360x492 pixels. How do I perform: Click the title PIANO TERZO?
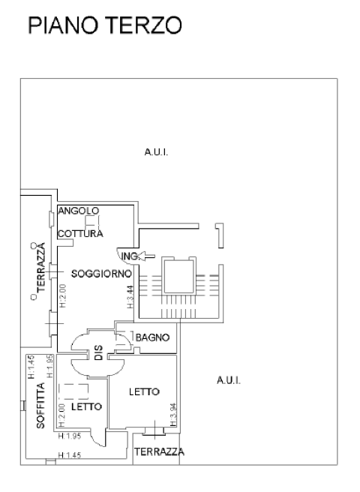[x=105, y=25]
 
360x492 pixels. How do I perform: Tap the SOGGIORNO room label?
[x=101, y=274]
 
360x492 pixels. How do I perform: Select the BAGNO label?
[x=152, y=337]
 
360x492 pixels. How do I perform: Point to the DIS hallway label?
[x=98, y=352]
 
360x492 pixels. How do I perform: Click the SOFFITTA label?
[x=40, y=406]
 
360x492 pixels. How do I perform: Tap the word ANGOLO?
[x=79, y=211]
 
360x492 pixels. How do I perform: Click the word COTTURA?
[x=80, y=234]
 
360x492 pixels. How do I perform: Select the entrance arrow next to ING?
[x=146, y=256]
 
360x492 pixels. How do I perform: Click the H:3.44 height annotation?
[x=130, y=296]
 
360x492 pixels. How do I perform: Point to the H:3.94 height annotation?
[x=173, y=415]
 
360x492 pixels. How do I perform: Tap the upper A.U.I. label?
[x=156, y=152]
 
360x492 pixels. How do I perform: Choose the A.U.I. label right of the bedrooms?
[x=229, y=380]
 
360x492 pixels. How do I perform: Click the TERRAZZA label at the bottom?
[x=159, y=451]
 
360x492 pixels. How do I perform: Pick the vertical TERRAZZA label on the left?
[x=40, y=267]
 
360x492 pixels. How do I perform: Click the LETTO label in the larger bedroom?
[x=145, y=391]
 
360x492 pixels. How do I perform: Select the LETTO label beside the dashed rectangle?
[x=87, y=406]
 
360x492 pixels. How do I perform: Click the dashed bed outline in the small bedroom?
[x=73, y=391]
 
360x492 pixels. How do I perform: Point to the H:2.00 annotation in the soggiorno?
[x=63, y=295]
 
